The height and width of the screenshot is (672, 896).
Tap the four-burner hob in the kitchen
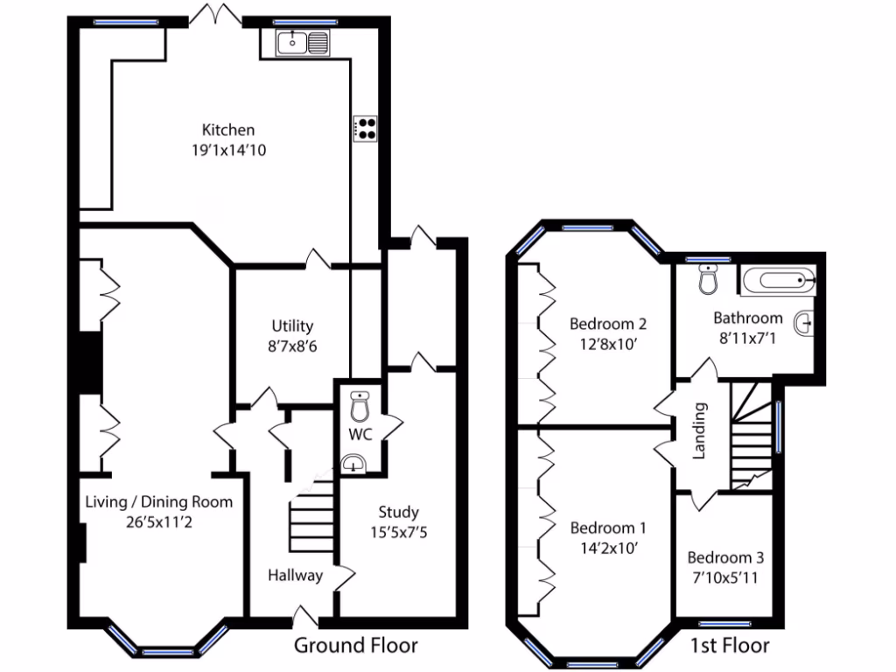[366, 129]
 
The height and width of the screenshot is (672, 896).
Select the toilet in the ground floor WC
[360, 407]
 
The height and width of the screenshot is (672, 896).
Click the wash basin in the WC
[353, 463]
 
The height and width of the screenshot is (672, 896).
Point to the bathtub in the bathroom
[778, 282]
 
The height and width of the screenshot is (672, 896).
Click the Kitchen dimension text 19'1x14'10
[228, 150]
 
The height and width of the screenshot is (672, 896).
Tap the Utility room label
[291, 326]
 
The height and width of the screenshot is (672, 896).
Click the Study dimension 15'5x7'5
[398, 531]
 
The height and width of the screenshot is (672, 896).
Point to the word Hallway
[295, 575]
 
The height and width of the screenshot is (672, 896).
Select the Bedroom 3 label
[724, 557]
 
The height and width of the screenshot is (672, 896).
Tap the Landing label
[699, 430]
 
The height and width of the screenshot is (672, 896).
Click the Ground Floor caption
[354, 646]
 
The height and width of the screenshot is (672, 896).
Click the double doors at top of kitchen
[216, 15]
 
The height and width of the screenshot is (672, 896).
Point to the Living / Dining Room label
[158, 501]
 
